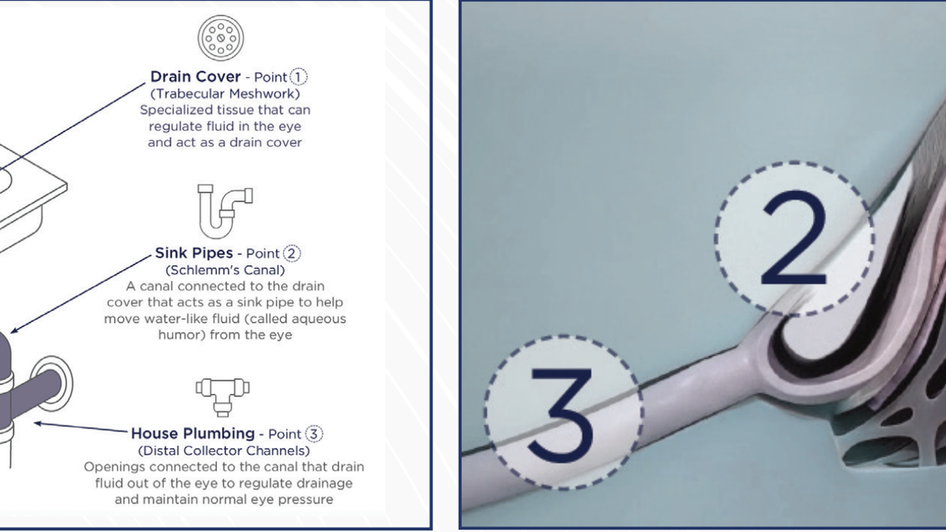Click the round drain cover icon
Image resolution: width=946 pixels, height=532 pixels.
pos(220,37)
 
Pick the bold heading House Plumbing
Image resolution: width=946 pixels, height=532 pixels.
pos(193,433)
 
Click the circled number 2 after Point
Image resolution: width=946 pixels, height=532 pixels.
pos(291,254)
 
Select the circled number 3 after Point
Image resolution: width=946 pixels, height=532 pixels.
pos(313,434)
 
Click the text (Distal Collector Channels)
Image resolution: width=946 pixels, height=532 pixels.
pos(224,451)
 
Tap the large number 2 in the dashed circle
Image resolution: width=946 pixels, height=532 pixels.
pos(794,239)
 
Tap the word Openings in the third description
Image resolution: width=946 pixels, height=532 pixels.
pos(111,466)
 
